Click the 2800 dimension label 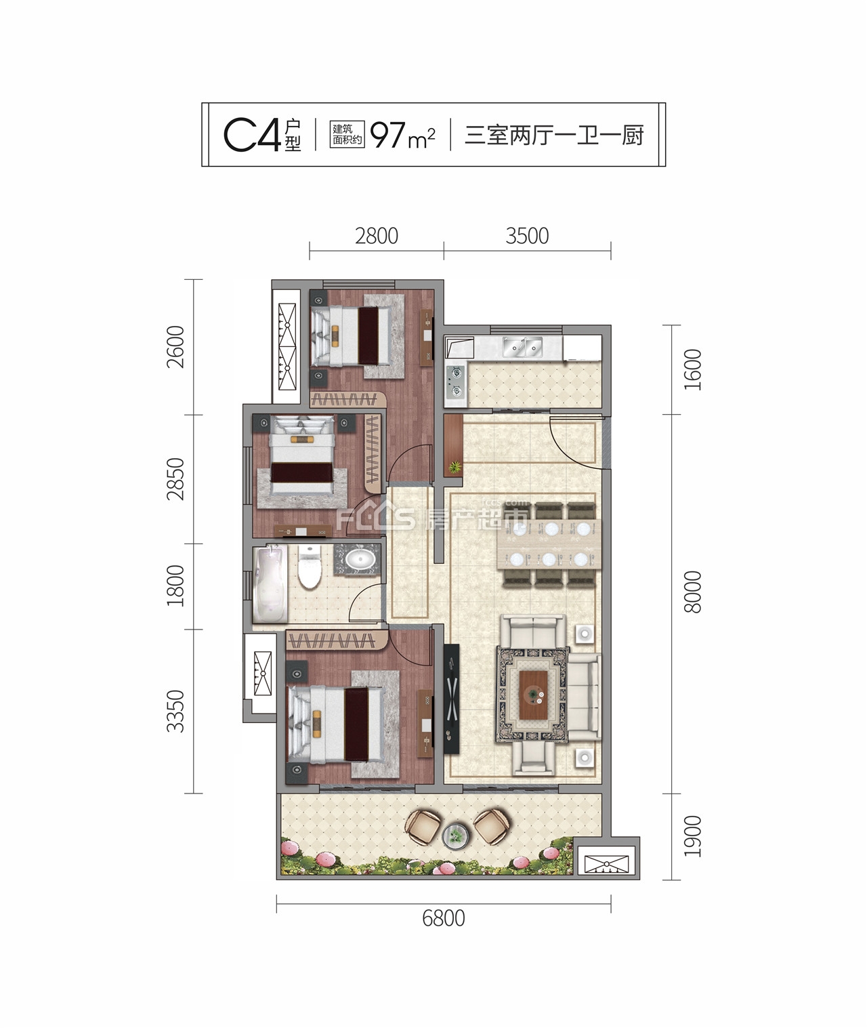coord(377,237)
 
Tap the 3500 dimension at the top coord(527,237)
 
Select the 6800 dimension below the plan coord(444,918)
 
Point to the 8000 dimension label coord(692,592)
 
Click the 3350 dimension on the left coord(175,711)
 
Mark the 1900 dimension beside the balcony coord(692,836)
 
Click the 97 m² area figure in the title coord(403,135)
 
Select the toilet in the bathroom coord(310,567)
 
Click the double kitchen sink coord(522,347)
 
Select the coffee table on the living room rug coord(534,695)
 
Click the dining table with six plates coord(549,544)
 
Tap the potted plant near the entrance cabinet coord(455,466)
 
